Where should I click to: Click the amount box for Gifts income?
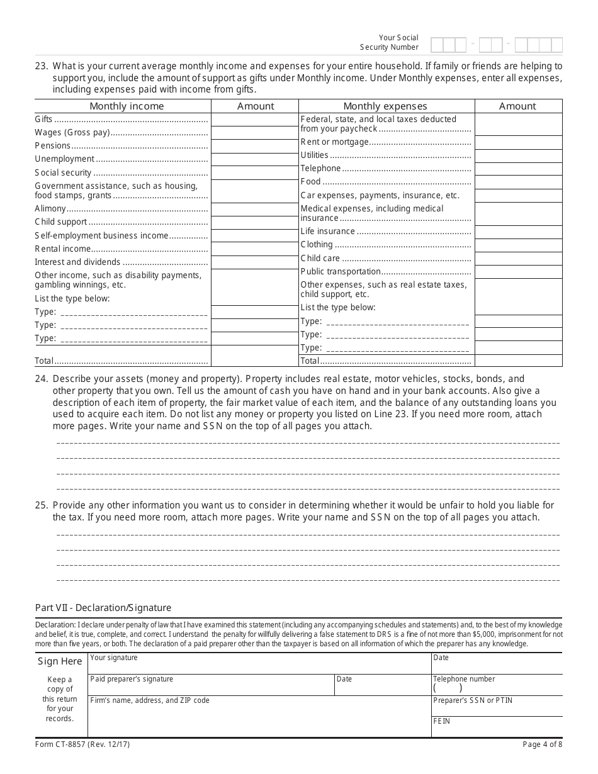click(254, 120)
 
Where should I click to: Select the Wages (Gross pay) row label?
click(72, 132)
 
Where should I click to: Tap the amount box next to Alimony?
click(254, 209)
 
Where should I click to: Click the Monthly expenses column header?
click(385, 106)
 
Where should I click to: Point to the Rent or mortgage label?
click(334, 142)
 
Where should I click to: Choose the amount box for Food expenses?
click(518, 182)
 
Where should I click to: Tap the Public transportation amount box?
click(518, 272)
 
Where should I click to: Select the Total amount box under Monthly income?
click(254, 356)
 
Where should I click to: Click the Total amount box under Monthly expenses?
click(518, 361)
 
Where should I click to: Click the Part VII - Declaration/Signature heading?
click(103, 608)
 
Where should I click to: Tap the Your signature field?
click(259, 664)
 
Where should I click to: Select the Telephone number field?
click(497, 685)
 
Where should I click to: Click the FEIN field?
click(497, 727)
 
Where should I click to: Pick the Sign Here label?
click(60, 661)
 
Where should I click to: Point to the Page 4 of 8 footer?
click(542, 744)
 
